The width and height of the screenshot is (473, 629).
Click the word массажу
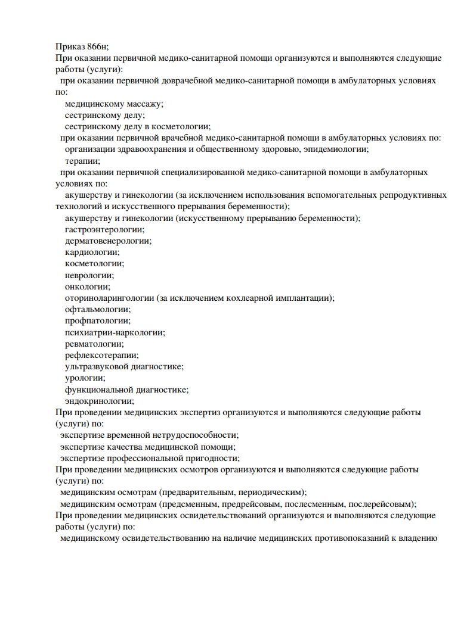pyautogui.click(x=141, y=103)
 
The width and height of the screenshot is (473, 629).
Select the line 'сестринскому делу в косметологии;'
pyautogui.click(x=138, y=126)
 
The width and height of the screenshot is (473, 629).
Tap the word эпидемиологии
pyautogui.click(x=340, y=149)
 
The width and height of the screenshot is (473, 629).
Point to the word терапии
pyautogui.click(x=82, y=161)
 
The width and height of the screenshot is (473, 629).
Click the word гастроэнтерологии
pyautogui.click(x=104, y=229)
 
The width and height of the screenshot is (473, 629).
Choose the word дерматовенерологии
pyautogui.click(x=108, y=241)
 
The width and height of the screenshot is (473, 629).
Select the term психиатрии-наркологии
pyautogui.click(x=115, y=332)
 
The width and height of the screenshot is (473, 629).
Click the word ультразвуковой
pyautogui.click(x=95, y=366)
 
